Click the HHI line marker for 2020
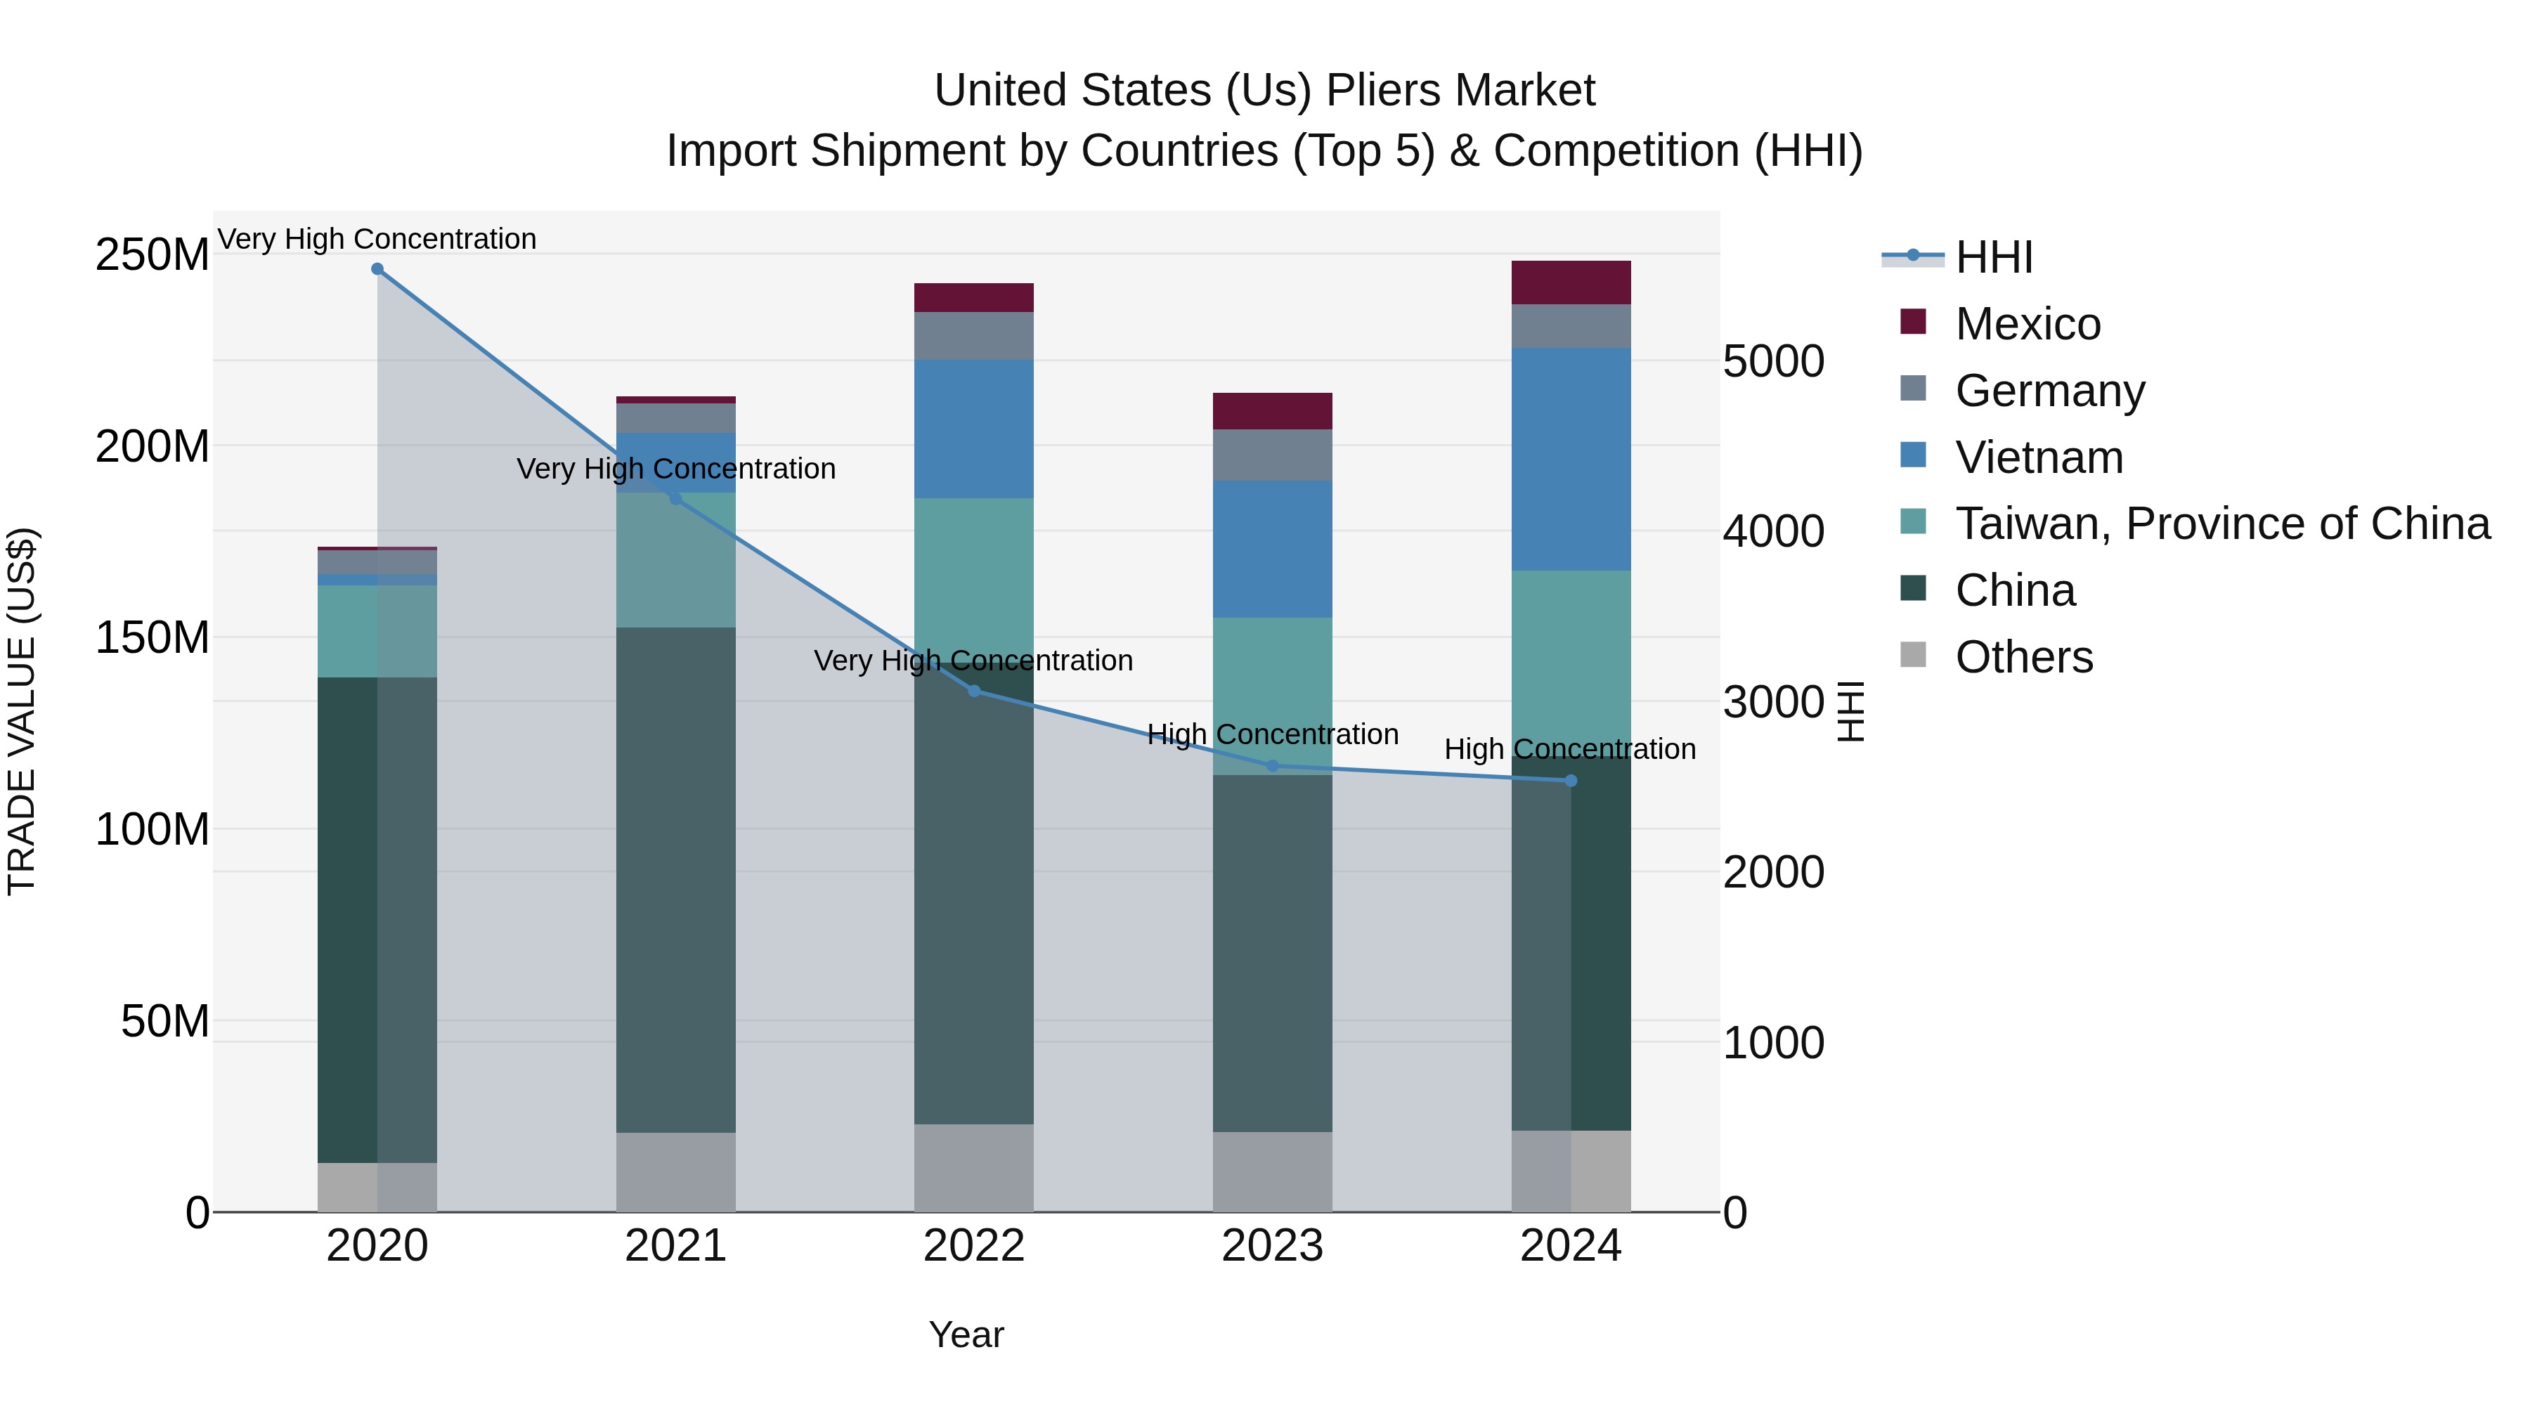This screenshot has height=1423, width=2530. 377,269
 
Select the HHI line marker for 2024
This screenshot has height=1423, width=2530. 1571,781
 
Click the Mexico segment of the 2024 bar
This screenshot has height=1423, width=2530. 1571,282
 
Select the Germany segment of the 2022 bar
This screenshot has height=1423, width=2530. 974,336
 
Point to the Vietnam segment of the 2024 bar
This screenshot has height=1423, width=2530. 1571,459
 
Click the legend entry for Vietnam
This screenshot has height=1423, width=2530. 2038,457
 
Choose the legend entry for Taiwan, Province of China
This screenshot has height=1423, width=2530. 2221,524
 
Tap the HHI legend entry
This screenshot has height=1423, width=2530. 1993,257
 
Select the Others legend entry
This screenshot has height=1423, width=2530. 2023,657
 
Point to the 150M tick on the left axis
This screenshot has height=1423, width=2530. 153,638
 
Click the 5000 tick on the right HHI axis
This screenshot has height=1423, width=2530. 1773,361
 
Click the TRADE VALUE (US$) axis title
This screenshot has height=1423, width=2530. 22,711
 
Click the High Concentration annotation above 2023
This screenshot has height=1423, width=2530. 1272,734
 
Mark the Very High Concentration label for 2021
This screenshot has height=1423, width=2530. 675,469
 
